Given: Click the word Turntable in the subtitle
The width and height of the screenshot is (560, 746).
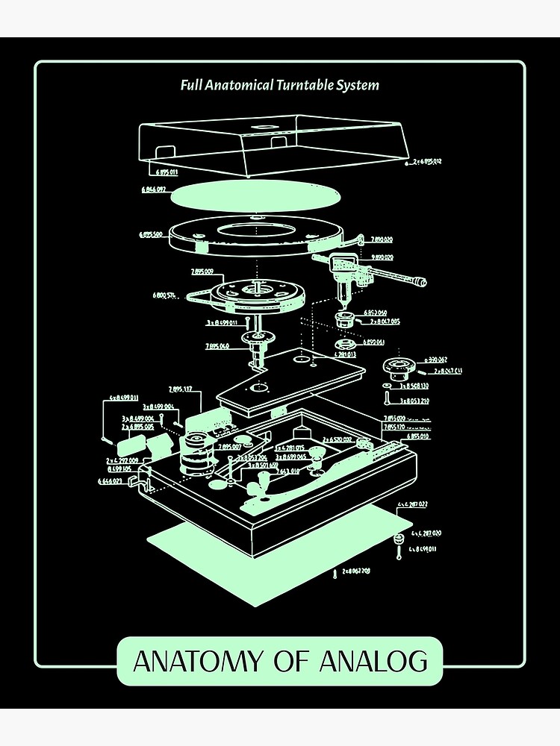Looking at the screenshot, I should coord(309,85).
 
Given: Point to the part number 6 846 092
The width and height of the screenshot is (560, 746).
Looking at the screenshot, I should coord(153,189).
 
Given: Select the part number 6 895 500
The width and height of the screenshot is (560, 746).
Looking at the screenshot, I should coord(151,234).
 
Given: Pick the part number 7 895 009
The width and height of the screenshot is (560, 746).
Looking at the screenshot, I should coord(202,271).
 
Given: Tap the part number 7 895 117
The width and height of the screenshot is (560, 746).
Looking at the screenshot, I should coord(180,389).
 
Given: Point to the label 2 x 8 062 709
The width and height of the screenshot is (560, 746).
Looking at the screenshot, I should coord(356,571).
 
